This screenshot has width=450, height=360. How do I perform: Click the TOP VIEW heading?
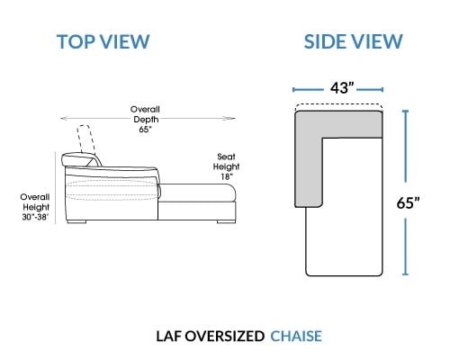(103, 41)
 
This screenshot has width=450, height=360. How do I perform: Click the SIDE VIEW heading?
(353, 41)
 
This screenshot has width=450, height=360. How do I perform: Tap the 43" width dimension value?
(342, 88)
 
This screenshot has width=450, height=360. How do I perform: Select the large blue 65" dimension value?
(408, 202)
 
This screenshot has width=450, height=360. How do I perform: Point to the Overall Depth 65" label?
(145, 119)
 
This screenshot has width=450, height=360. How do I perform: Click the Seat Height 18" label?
(227, 166)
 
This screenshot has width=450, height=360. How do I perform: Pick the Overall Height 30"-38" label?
(35, 207)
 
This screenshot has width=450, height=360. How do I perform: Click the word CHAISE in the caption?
(296, 336)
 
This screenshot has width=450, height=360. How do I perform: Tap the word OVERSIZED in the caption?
(224, 336)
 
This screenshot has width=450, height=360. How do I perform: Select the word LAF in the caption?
(168, 336)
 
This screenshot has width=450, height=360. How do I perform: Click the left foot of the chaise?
(76, 222)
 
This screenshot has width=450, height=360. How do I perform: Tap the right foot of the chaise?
(226, 222)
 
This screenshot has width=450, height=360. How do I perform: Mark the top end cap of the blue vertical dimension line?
(406, 111)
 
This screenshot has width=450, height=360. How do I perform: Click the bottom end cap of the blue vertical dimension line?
(406, 274)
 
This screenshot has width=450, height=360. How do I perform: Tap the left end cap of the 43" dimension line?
(293, 89)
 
